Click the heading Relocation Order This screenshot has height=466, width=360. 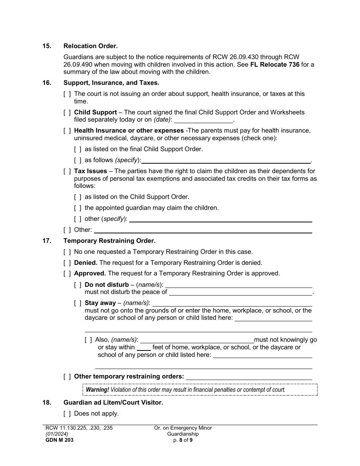click(x=91, y=46)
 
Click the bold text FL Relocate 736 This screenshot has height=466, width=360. click(x=275, y=64)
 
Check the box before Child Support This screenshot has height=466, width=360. click(x=67, y=113)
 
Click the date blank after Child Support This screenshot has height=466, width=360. click(x=203, y=120)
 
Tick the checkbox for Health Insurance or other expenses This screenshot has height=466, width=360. click(x=67, y=131)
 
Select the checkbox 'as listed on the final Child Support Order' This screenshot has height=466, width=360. click(x=78, y=149)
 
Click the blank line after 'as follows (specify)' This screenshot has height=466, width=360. click(x=226, y=160)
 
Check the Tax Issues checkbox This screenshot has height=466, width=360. click(x=67, y=171)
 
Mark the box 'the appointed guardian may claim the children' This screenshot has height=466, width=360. click(x=78, y=208)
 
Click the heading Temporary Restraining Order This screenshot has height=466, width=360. click(x=110, y=241)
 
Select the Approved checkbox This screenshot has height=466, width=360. click(x=67, y=274)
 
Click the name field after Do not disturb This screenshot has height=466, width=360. click(x=239, y=285)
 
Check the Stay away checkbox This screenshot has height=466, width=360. click(x=78, y=303)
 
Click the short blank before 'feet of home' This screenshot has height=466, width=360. click(x=144, y=347)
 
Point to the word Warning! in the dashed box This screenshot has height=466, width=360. click(x=97, y=389)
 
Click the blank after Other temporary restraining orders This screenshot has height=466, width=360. click(x=249, y=377)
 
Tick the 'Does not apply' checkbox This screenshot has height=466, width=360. click(x=67, y=414)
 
